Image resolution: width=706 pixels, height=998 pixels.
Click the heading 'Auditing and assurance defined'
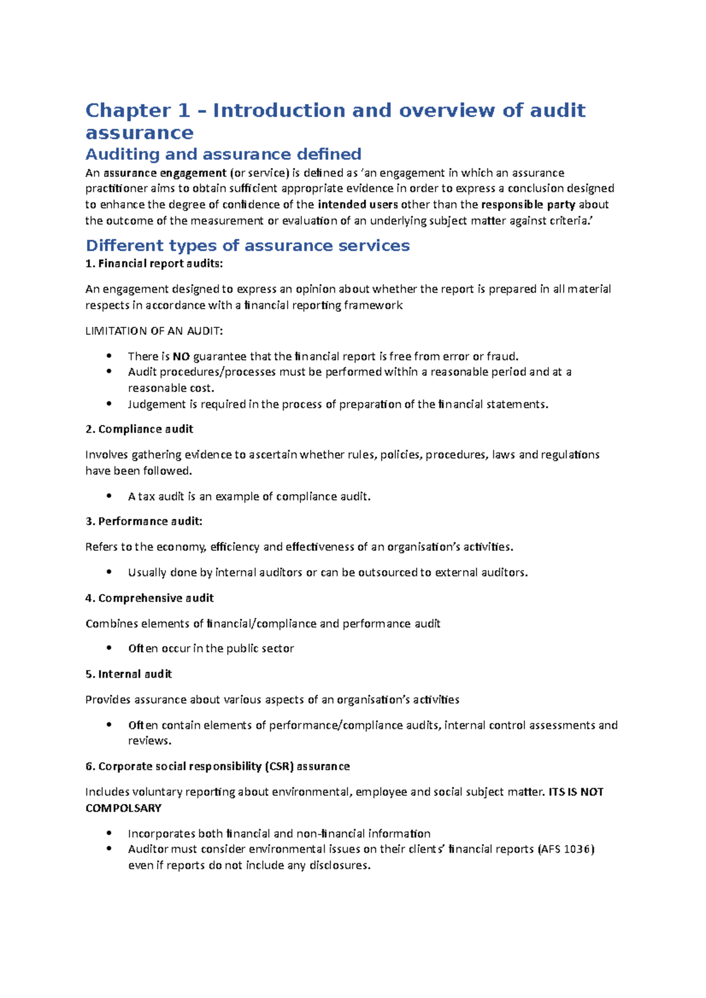[223, 155]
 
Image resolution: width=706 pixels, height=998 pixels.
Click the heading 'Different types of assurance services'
[247, 246]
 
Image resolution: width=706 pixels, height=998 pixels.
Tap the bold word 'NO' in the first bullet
[181, 356]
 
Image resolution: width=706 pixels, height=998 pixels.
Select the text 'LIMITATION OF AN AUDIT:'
[154, 331]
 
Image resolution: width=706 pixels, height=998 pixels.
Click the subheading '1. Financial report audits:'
[154, 264]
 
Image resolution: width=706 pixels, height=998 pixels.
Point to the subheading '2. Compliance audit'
[139, 429]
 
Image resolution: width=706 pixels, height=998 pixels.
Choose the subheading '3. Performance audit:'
[144, 521]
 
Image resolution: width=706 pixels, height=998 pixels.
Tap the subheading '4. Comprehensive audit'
[149, 598]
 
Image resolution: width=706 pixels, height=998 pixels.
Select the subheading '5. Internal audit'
[128, 674]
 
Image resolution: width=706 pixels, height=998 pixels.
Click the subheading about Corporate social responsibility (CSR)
[218, 766]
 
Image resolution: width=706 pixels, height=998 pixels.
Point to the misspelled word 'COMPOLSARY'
[124, 808]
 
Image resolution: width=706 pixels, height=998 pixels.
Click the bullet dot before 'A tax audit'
[109, 496]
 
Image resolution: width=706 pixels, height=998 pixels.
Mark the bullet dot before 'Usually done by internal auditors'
[109, 572]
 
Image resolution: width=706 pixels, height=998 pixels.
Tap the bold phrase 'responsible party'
[528, 205]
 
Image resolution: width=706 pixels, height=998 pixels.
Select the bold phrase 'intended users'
[358, 205]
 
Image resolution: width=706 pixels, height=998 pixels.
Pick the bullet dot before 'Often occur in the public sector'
[109, 648]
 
